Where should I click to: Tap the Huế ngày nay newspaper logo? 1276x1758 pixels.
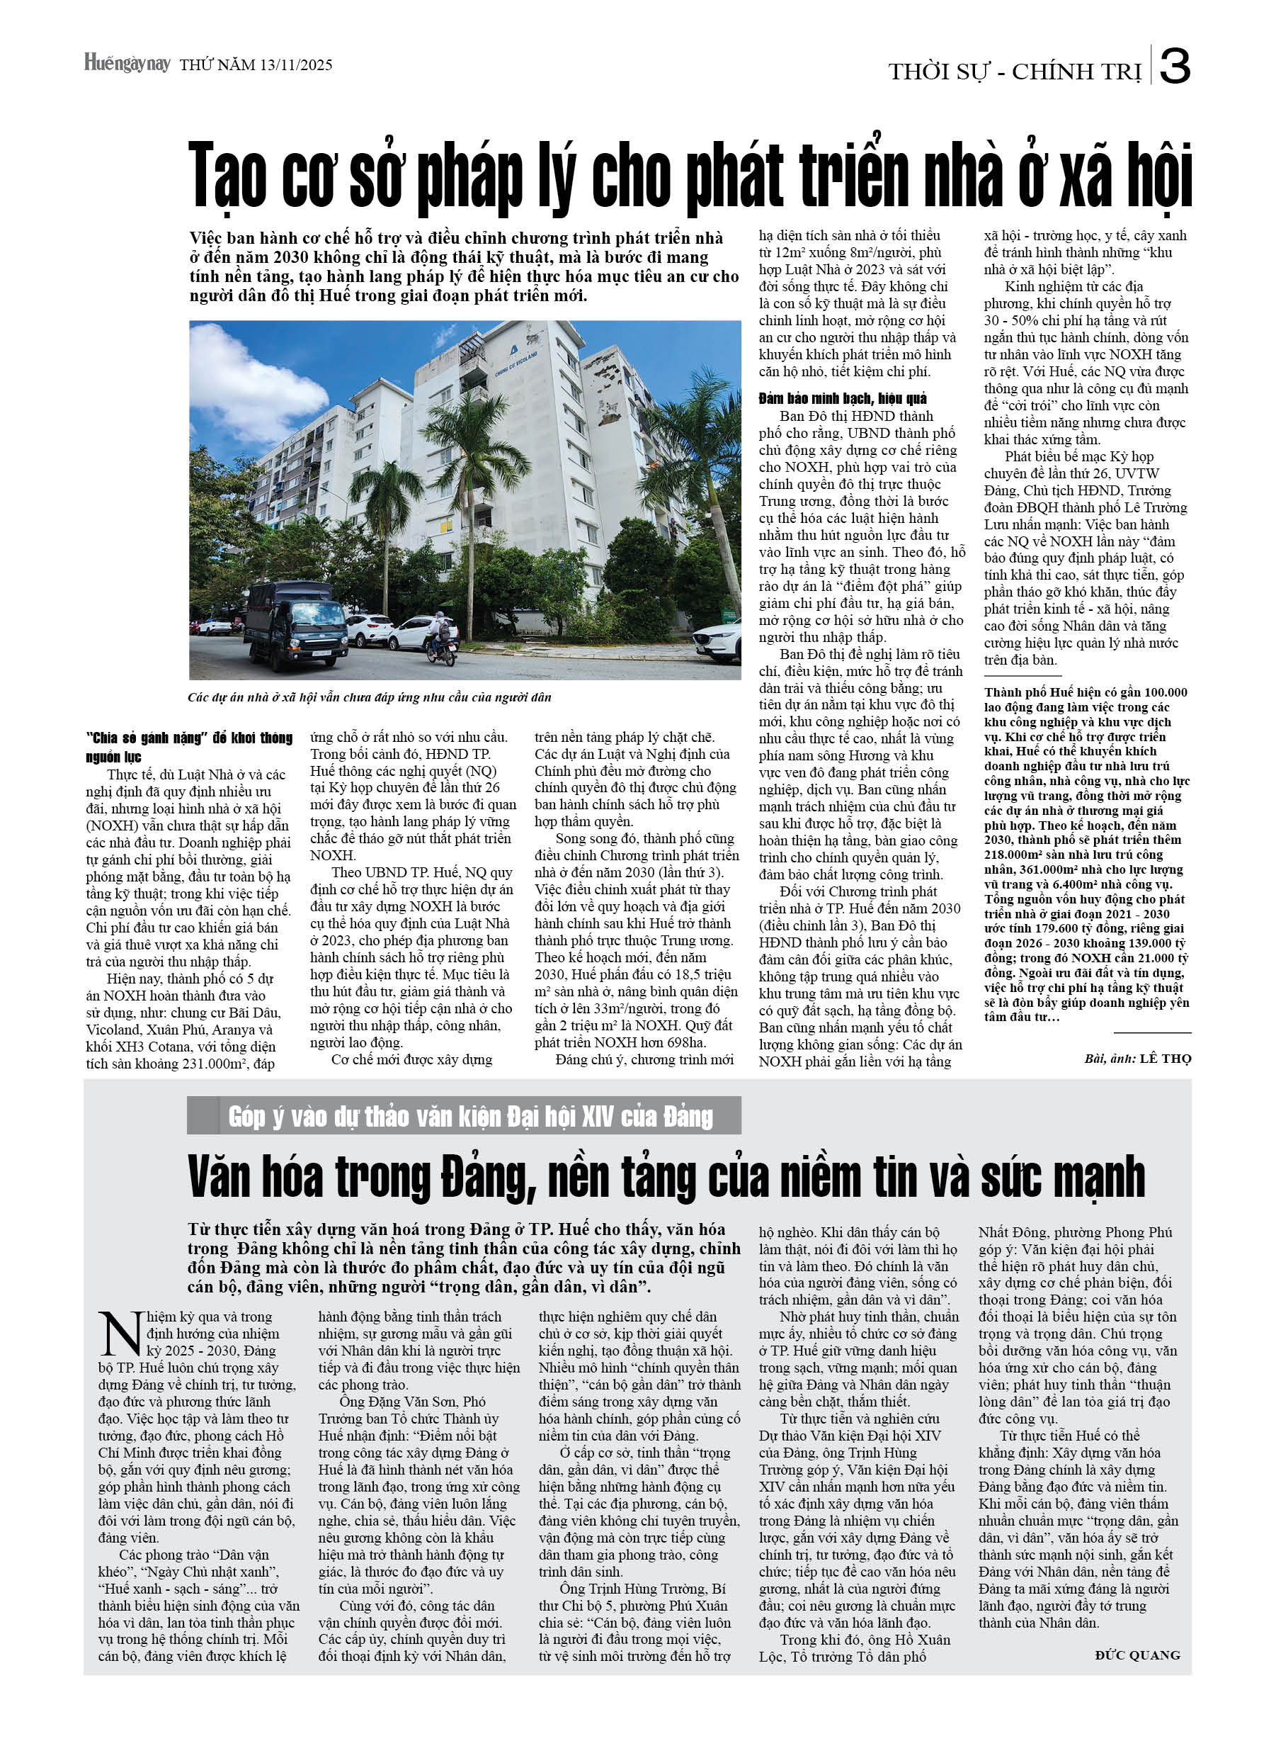coord(127,63)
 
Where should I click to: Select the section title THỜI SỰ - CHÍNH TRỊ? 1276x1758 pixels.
coord(1014,72)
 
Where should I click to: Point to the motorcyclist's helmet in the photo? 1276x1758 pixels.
coord(440,616)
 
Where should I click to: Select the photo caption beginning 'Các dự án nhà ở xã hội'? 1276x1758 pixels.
coord(370,697)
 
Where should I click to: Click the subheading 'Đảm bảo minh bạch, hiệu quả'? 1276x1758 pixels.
coord(842,398)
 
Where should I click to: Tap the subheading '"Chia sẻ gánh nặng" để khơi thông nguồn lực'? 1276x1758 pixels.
coord(189,746)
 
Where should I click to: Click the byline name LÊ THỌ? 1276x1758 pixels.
coord(1166,1058)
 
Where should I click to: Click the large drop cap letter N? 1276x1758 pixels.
coord(120,1334)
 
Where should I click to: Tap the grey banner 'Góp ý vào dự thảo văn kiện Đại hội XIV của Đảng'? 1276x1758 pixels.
coord(469,1116)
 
